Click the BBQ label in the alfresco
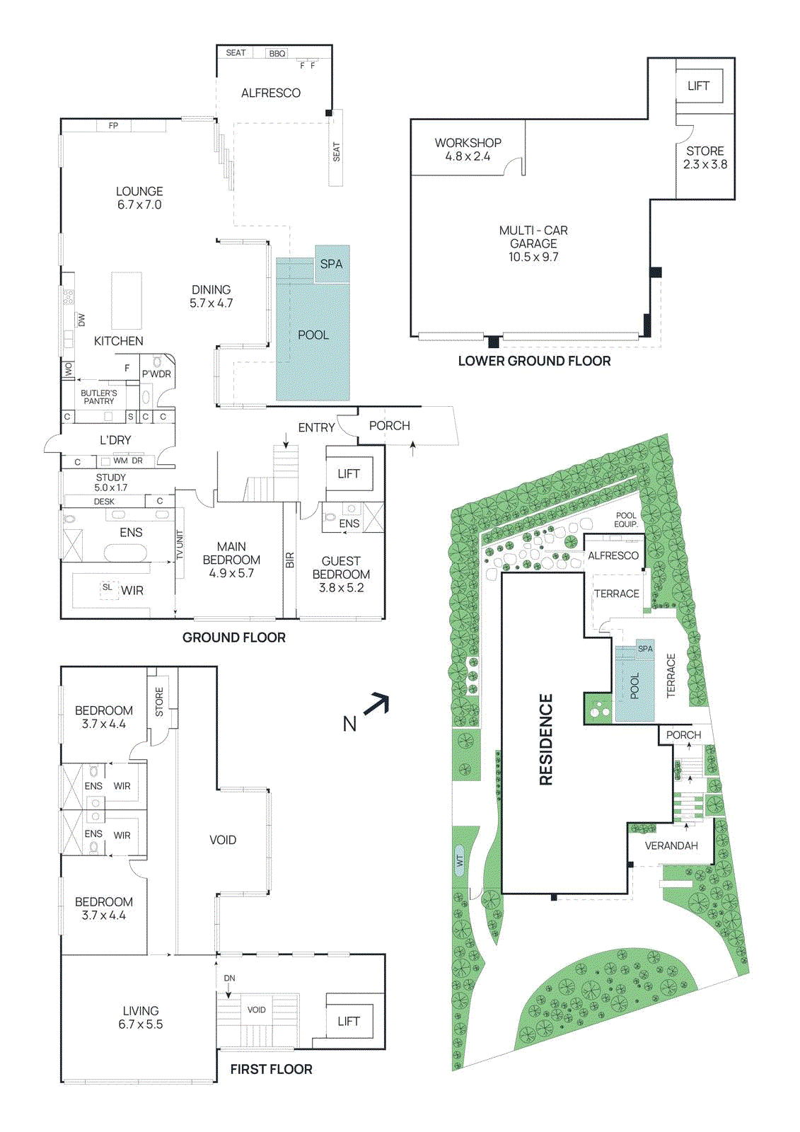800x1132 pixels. pos(277,54)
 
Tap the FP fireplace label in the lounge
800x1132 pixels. pos(113,126)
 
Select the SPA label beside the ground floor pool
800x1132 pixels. pos(331,264)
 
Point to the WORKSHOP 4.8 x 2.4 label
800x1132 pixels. pos(468,149)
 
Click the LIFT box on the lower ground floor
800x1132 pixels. pos(698,86)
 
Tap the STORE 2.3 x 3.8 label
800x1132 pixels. pos(705,157)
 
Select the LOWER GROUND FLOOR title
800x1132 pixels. pos(534,361)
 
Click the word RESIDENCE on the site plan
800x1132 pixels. pos(546,739)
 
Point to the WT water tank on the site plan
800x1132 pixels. pos(460,861)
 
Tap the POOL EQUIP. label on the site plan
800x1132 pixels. pos(626,519)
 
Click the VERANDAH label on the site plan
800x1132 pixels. pos(671,845)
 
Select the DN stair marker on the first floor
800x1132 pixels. pos(229,978)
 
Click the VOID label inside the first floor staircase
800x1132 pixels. pos(256,1010)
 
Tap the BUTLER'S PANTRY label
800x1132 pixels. pos(99,397)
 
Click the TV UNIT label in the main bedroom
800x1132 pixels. pos(180,545)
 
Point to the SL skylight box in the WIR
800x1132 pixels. pos(108,588)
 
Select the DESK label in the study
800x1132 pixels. pos(104,501)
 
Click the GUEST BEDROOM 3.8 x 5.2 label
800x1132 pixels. pos(341,574)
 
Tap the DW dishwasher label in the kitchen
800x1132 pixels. pos(81,320)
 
